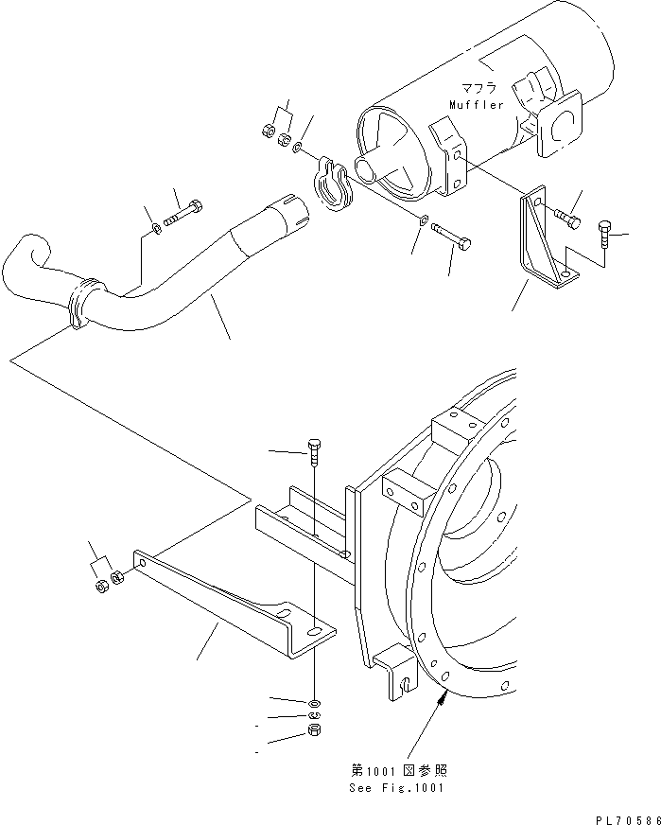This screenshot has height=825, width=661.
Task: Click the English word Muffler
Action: coord(478,105)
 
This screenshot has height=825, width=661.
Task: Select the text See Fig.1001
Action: coord(397,786)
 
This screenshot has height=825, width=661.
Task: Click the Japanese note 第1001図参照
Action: coord(398,769)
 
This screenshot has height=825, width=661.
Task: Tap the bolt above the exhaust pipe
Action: coord(184,213)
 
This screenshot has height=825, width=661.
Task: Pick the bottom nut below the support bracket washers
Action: coord(315,733)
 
